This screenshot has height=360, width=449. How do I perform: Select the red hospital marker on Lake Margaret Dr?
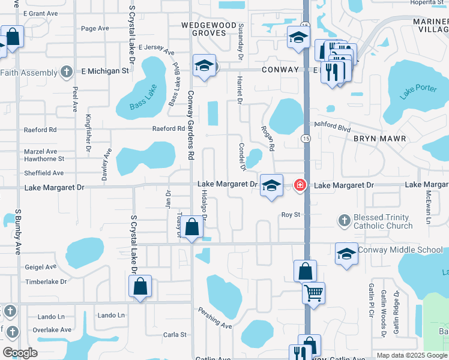pos(300,185)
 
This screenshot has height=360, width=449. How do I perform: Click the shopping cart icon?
pos(313,293)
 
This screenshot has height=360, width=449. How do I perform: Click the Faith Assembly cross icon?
pos(67,73)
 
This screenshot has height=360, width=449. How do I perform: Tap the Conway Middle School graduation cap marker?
pos(346,253)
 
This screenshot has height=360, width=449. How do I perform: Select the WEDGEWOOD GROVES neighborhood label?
pos(205,29)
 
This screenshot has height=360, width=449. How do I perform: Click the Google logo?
pos(20,353)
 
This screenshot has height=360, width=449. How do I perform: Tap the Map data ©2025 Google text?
pos(411,355)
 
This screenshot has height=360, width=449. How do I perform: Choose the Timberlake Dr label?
pos(46,281)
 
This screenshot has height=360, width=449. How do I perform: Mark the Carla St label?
pos(175,335)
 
